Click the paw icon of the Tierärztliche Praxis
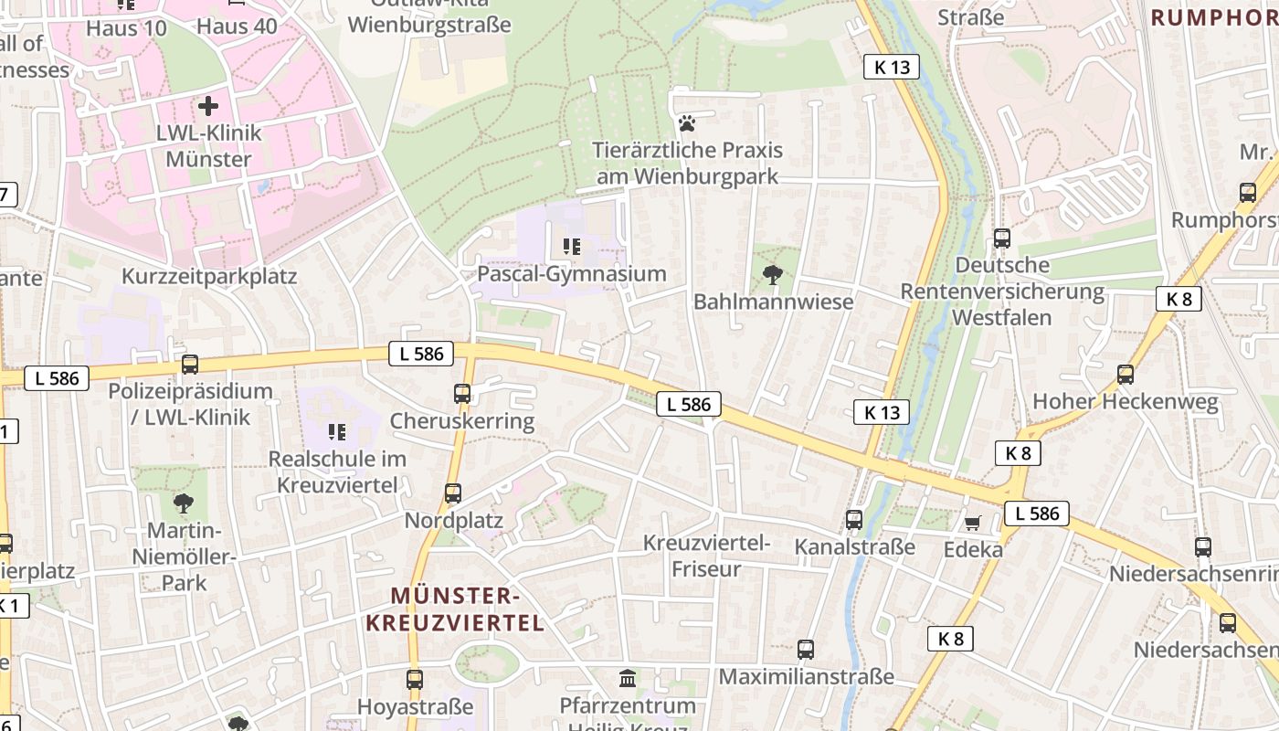tap(686, 122)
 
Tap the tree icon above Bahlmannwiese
tap(772, 273)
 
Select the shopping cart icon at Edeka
tap(973, 523)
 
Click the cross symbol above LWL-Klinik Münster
tap(208, 105)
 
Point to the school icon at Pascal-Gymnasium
tap(572, 246)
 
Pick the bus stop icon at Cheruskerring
tap(462, 394)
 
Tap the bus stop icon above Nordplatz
tap(453, 493)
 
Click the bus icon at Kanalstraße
tap(854, 519)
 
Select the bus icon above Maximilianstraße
tap(806, 650)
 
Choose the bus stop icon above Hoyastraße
tap(415, 679)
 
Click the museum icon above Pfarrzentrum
tap(628, 678)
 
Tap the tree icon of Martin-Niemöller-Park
tap(184, 502)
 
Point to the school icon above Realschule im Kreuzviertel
tap(336, 430)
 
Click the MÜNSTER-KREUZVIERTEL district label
tap(455, 609)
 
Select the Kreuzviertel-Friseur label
tap(706, 556)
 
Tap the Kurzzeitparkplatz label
tap(209, 277)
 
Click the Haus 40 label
tap(237, 26)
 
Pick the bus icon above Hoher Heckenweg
tap(1126, 374)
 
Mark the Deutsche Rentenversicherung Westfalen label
tap(1002, 291)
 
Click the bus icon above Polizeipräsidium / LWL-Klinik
tap(190, 364)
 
